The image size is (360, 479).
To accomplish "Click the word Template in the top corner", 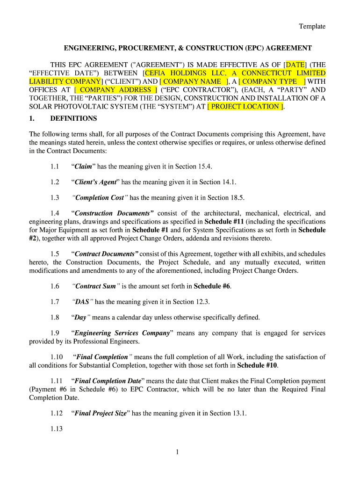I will [x=312, y=26].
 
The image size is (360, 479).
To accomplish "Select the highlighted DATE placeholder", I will [x=295, y=65].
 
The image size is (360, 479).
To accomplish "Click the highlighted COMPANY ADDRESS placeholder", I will [x=115, y=90].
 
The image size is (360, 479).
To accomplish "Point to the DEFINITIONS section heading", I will [x=73, y=118].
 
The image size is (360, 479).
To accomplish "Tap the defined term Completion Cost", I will [x=100, y=197].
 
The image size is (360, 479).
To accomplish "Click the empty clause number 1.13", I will [x=56, y=428].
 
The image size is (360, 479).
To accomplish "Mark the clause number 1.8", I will [x=55, y=317].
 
